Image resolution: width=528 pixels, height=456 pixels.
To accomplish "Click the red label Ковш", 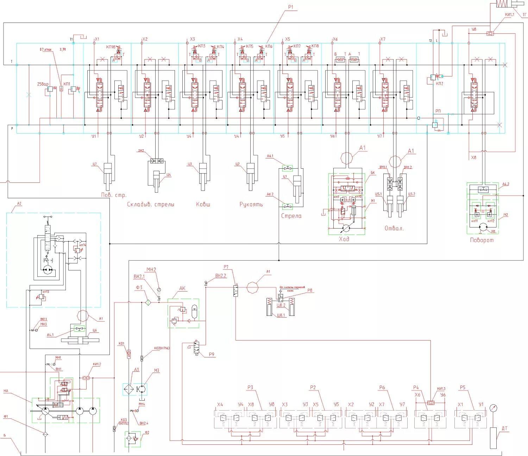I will tap(203, 204).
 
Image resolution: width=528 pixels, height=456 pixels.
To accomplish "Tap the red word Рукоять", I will tap(251, 204).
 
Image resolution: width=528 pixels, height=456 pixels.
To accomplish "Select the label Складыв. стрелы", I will tap(150, 204).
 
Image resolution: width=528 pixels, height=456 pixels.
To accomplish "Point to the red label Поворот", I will tap(482, 240).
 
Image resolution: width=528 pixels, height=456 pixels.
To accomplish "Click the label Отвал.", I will tap(394, 228).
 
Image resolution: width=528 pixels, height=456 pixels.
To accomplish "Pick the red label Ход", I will tap(344, 239).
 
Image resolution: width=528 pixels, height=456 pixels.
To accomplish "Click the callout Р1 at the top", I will tap(290, 7).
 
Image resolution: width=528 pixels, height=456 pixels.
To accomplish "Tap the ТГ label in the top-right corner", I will tap(524, 15).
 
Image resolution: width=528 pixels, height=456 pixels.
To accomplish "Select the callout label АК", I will tap(182, 288).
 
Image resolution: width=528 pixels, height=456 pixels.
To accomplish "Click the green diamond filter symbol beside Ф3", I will tap(148, 302).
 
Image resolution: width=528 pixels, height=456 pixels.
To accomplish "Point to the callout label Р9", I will tap(212, 355).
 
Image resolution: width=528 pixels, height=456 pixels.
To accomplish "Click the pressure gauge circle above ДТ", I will tap(493, 409).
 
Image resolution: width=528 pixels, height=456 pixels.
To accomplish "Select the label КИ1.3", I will tap(441, 388).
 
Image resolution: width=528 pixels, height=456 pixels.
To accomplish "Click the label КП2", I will tap(439, 83).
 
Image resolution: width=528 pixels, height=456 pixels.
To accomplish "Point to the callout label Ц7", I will tap(95, 163).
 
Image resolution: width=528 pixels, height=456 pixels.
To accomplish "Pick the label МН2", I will tap(151, 270).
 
